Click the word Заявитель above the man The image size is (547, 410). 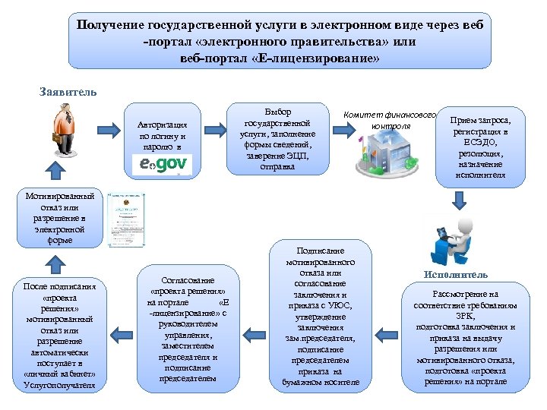[x=68, y=92]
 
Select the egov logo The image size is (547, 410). [x=162, y=164]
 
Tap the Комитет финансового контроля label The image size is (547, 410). [x=390, y=119]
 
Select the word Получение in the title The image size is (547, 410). [x=108, y=24]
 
